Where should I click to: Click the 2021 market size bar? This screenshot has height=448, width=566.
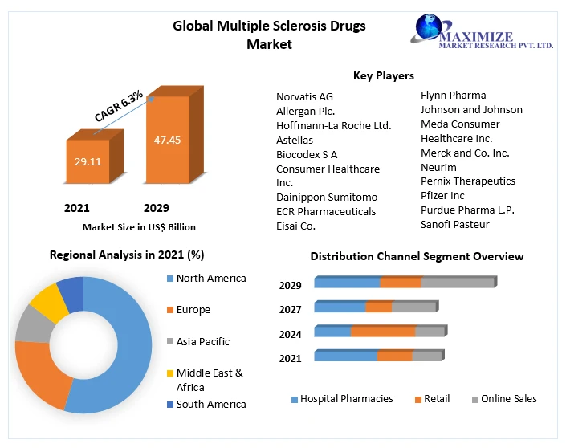point(88,161)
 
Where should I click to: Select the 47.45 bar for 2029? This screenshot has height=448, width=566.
point(167,140)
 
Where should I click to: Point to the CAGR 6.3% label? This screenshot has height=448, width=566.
point(118,106)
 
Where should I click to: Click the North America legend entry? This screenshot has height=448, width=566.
point(210,279)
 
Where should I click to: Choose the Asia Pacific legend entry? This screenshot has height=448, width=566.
point(202,341)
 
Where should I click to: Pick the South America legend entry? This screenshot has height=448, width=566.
point(210,404)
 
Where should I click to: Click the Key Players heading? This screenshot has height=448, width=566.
point(383,75)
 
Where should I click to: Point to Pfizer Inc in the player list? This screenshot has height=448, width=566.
point(442,195)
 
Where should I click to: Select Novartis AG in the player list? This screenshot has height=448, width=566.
point(304,96)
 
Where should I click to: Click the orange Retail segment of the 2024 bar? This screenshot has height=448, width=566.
point(383,332)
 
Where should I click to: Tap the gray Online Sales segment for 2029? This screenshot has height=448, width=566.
point(457,283)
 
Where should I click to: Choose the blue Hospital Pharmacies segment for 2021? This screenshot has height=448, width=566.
point(345,356)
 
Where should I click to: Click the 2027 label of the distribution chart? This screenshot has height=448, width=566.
point(291,309)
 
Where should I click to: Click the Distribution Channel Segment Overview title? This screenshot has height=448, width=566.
point(417,256)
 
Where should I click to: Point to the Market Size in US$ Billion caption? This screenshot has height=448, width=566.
point(138,227)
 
